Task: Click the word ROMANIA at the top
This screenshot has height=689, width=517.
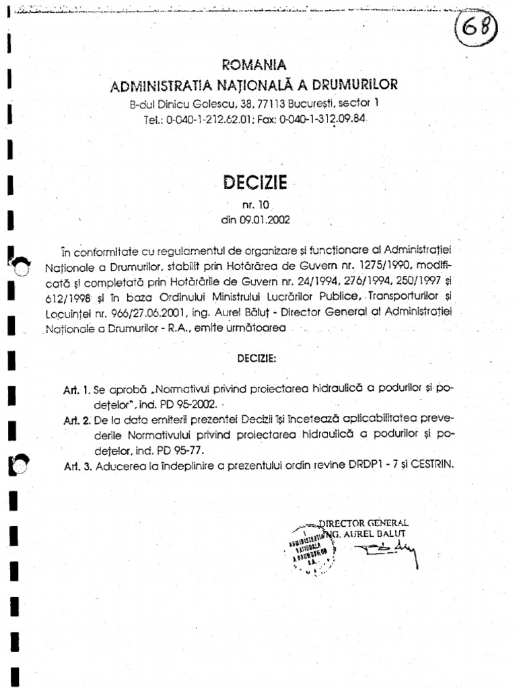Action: [x=254, y=65]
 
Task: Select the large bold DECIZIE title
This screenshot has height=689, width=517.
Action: [x=254, y=182]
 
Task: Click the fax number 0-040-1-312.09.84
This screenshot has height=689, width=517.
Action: [x=326, y=118]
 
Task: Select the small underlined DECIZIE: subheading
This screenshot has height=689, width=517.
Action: [x=256, y=359]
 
